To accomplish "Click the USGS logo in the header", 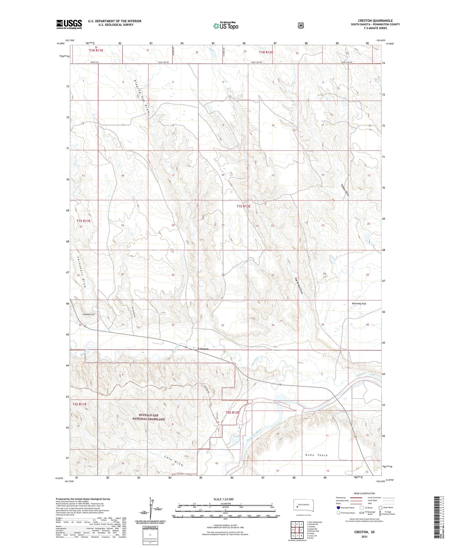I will (x=69, y=24).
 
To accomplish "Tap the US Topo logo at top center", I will (x=225, y=26).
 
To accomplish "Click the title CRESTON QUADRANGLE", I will (x=375, y=21).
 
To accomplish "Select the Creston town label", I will (x=203, y=349).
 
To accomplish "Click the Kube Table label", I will (x=317, y=455).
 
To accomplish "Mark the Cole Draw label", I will (x=174, y=461).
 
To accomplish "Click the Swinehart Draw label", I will (x=82, y=270).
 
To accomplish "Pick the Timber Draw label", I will (x=345, y=190).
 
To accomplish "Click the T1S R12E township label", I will (x=243, y=207).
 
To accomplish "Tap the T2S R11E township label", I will (x=79, y=404).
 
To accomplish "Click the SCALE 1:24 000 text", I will (x=223, y=499).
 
